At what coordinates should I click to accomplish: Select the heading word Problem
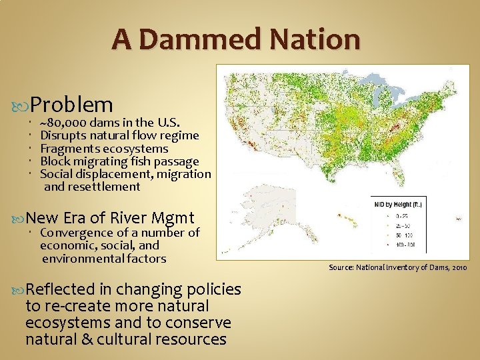pos(71,104)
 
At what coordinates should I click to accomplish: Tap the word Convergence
pos(77,233)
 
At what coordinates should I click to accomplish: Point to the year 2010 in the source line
pos(458,267)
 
